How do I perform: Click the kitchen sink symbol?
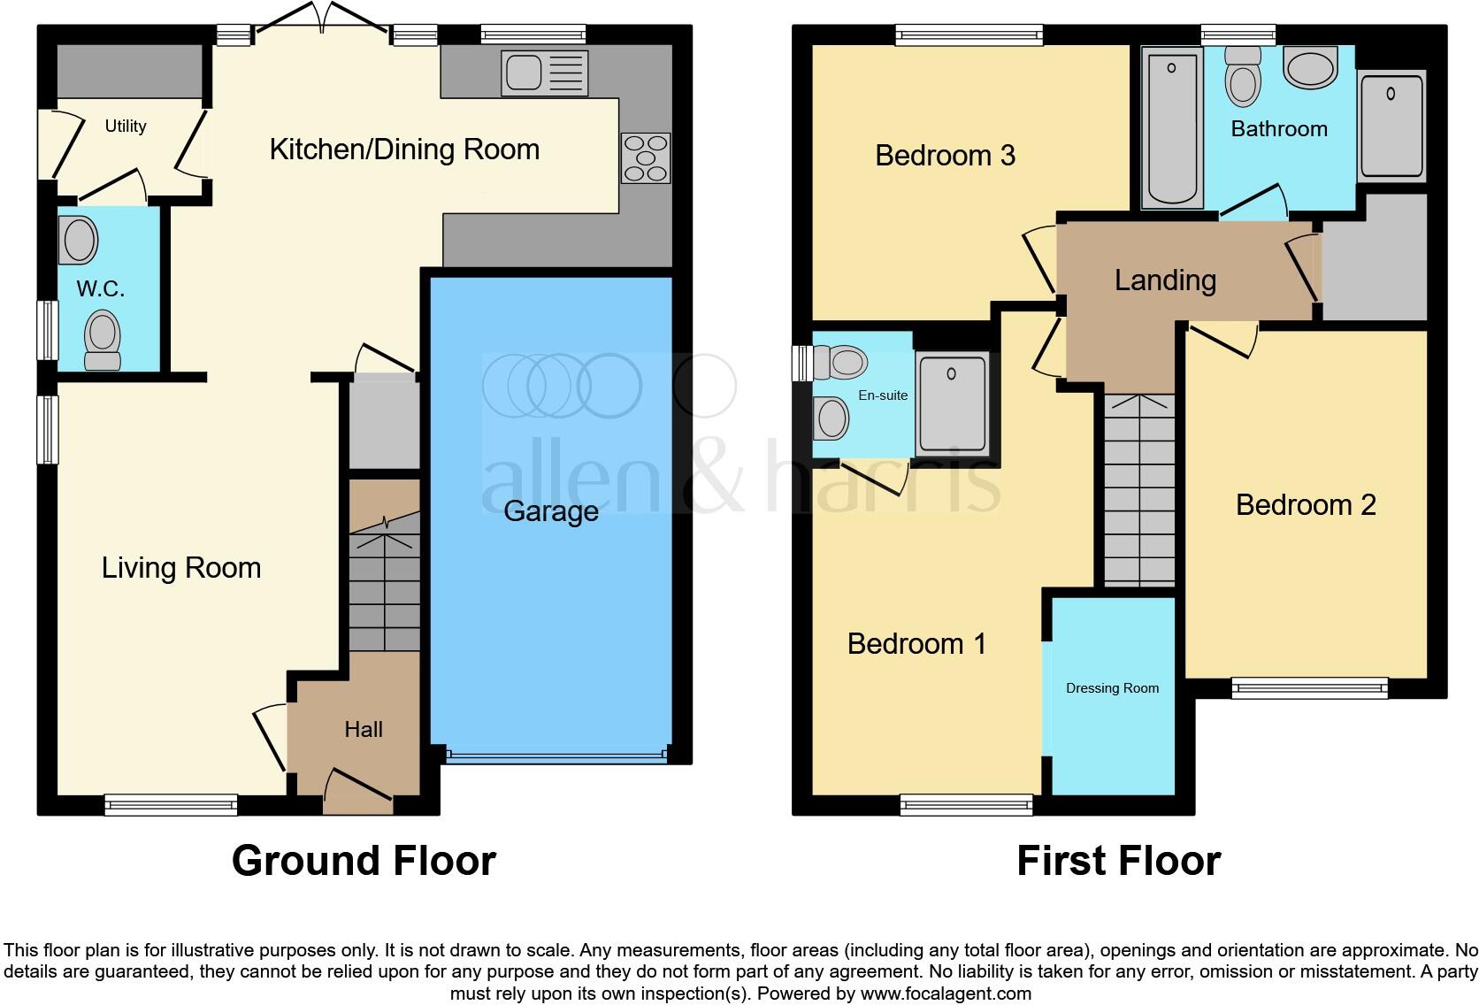pyautogui.click(x=543, y=73)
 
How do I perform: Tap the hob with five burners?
pyautogui.click(x=646, y=158)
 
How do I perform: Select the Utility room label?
pyautogui.click(x=126, y=126)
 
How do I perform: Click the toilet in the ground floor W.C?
pyautogui.click(x=103, y=340)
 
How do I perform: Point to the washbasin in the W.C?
pyautogui.click(x=79, y=240)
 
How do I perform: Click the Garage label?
pyautogui.click(x=550, y=511)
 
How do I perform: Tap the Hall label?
pyautogui.click(x=364, y=729)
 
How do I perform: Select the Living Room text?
pyautogui.click(x=181, y=567)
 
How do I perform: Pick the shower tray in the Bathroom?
pyautogui.click(x=1391, y=127)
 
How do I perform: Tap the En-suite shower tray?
pyautogui.click(x=952, y=403)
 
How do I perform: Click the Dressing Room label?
pyautogui.click(x=1112, y=688)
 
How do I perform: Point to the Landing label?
pyautogui.click(x=1165, y=280)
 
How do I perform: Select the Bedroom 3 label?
pyautogui.click(x=945, y=156)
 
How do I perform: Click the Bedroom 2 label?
pyautogui.click(x=1306, y=504)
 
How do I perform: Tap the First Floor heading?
pyautogui.click(x=1118, y=860)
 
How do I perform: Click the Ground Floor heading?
pyautogui.click(x=364, y=860)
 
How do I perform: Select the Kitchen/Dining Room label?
pyautogui.click(x=404, y=150)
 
